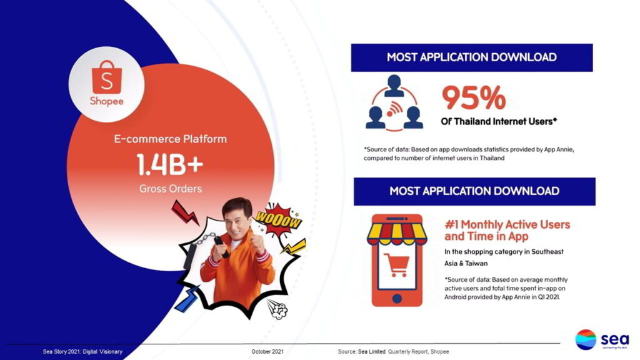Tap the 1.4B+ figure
tap(170, 164)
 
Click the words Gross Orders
tap(171, 189)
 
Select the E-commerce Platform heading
tap(170, 139)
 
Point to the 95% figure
tap(474, 97)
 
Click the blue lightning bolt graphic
tap(187, 299)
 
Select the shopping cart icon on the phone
tap(396, 265)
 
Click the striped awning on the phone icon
tap(397, 234)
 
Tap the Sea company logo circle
tap(586, 339)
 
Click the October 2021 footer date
tap(267, 351)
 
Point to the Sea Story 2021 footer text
tap(82, 351)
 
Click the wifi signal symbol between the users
tap(394, 109)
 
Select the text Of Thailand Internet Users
tap(499, 122)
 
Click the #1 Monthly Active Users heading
tap(507, 230)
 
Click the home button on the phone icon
tap(397, 298)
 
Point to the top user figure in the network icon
tap(394, 86)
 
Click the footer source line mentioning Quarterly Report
tap(393, 351)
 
